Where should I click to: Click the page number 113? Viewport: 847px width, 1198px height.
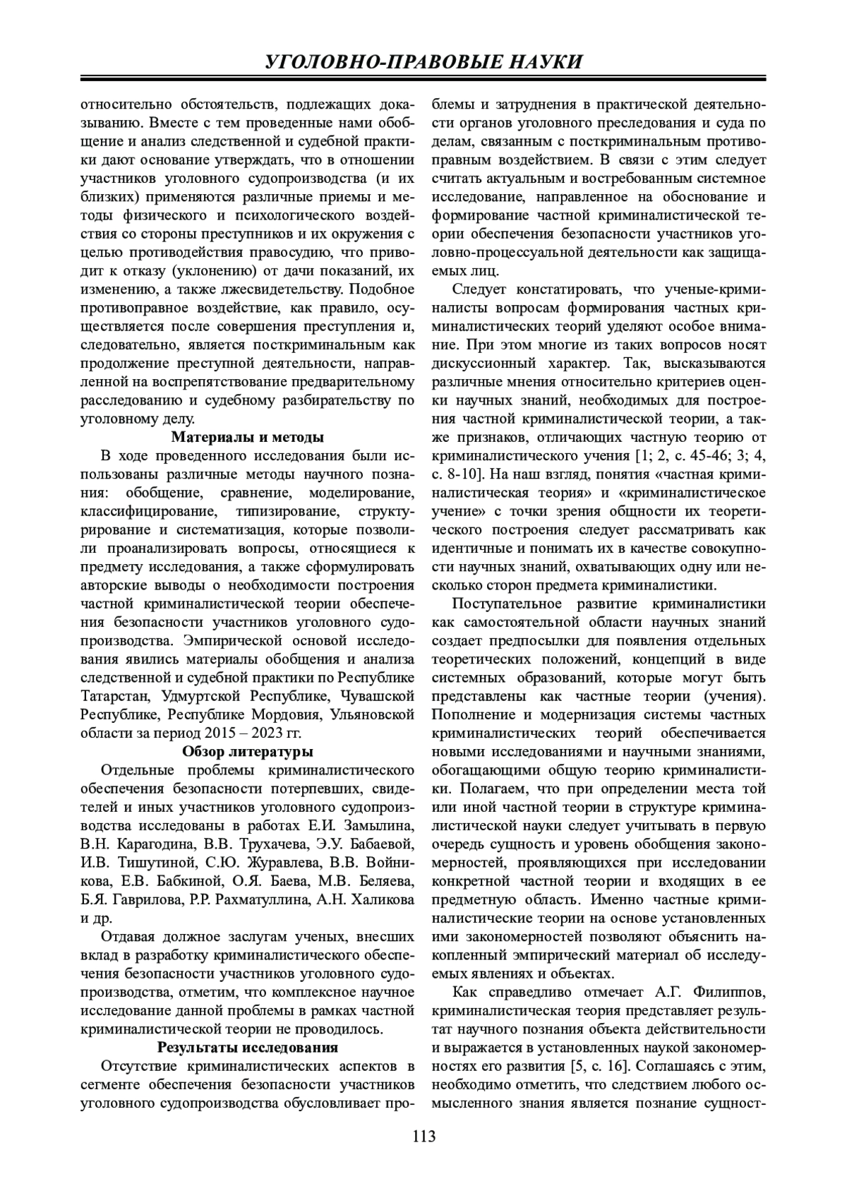tap(423, 1136)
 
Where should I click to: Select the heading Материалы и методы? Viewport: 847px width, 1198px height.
tap(248, 436)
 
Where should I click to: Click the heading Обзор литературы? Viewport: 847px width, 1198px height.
tap(248, 751)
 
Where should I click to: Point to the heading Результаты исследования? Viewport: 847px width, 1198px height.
tap(248, 1046)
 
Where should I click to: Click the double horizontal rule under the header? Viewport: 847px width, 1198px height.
tap(423, 78)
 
